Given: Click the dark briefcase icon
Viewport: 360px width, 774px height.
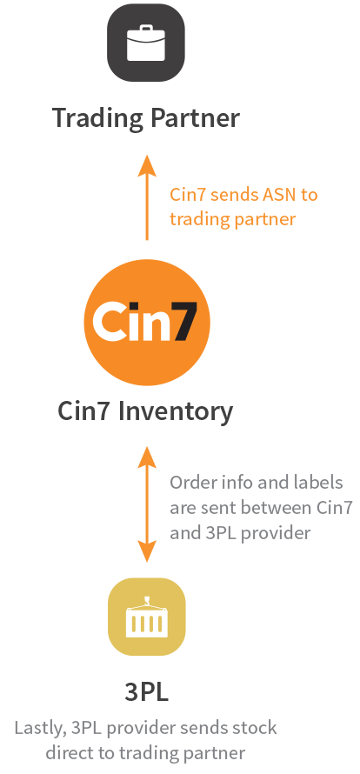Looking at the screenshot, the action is pos(146,43).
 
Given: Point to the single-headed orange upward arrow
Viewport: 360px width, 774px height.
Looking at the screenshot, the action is pos(147,197).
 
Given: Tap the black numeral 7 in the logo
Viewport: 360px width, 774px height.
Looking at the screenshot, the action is pos(184,322).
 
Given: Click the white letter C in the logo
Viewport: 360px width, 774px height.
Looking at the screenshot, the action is pos(110,322).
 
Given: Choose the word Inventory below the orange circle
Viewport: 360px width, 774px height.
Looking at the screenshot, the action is pos(176,411).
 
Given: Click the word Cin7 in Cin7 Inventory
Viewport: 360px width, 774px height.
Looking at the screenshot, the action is pos(85,410).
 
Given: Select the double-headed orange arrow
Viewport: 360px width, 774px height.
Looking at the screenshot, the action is pos(147,504).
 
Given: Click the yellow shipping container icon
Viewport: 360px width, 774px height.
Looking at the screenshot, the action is pos(147,617).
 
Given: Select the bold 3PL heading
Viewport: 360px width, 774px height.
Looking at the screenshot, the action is pos(147,692).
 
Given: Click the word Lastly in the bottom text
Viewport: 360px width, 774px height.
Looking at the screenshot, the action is pos(41,728).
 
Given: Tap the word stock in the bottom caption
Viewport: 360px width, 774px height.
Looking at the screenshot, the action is pos(255,728).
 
